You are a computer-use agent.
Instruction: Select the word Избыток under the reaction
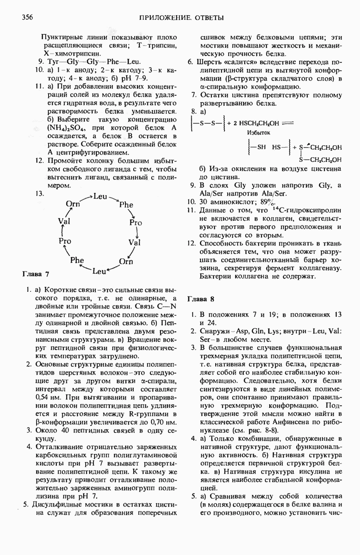point(259,132)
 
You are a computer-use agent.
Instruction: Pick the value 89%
point(269,202)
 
